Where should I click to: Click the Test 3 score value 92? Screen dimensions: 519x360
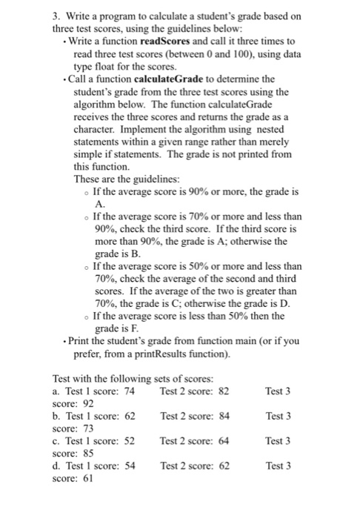coord(87,404)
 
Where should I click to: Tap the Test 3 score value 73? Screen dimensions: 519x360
coord(87,429)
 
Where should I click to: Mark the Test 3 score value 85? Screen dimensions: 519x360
coord(87,455)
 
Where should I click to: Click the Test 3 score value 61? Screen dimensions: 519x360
coord(87,480)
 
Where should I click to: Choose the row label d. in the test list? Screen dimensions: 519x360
coord(57,468)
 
